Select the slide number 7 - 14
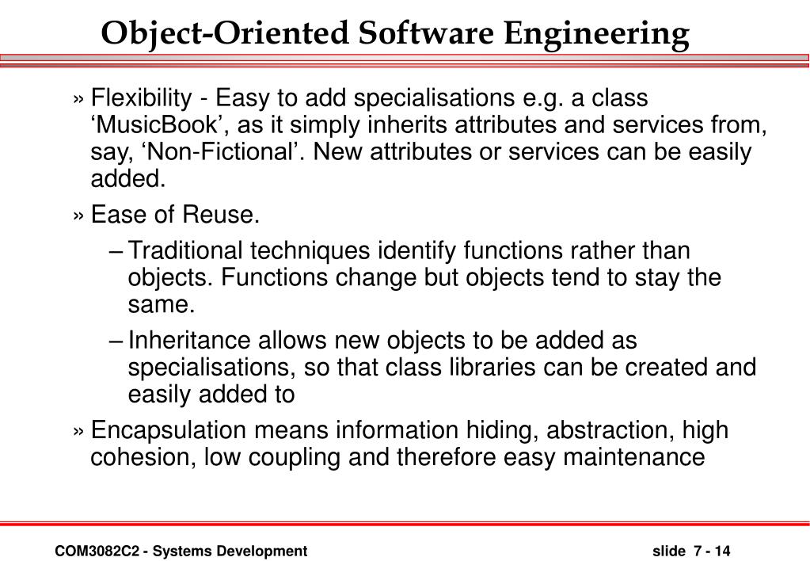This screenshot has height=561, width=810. click(x=711, y=551)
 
